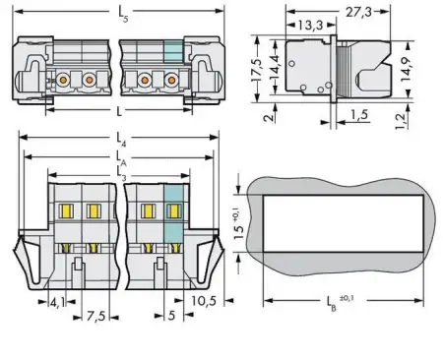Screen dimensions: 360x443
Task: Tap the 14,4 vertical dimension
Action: [x=271, y=72]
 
